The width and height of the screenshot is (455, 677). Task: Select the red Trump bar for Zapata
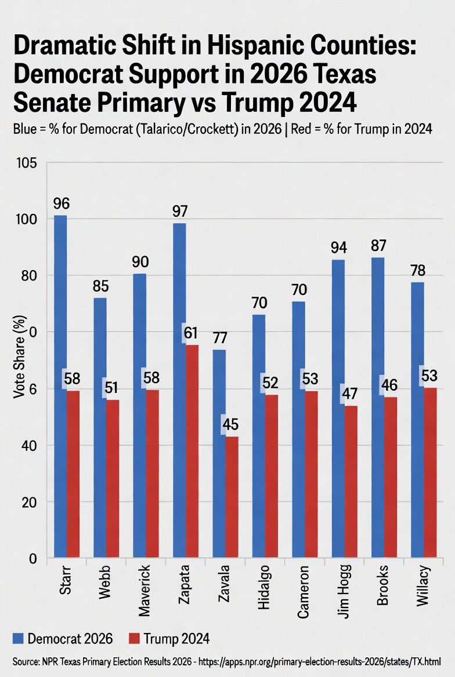pyautogui.click(x=192, y=452)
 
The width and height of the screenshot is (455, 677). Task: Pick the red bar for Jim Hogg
pyautogui.click(x=351, y=481)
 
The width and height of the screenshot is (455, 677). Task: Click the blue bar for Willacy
pyautogui.click(x=416, y=417)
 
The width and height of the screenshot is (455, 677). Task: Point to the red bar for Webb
pyautogui.click(x=113, y=478)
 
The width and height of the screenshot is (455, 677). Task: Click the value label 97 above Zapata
pyautogui.click(x=179, y=211)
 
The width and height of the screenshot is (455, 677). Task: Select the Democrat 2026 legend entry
pyautogui.click(x=58, y=639)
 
